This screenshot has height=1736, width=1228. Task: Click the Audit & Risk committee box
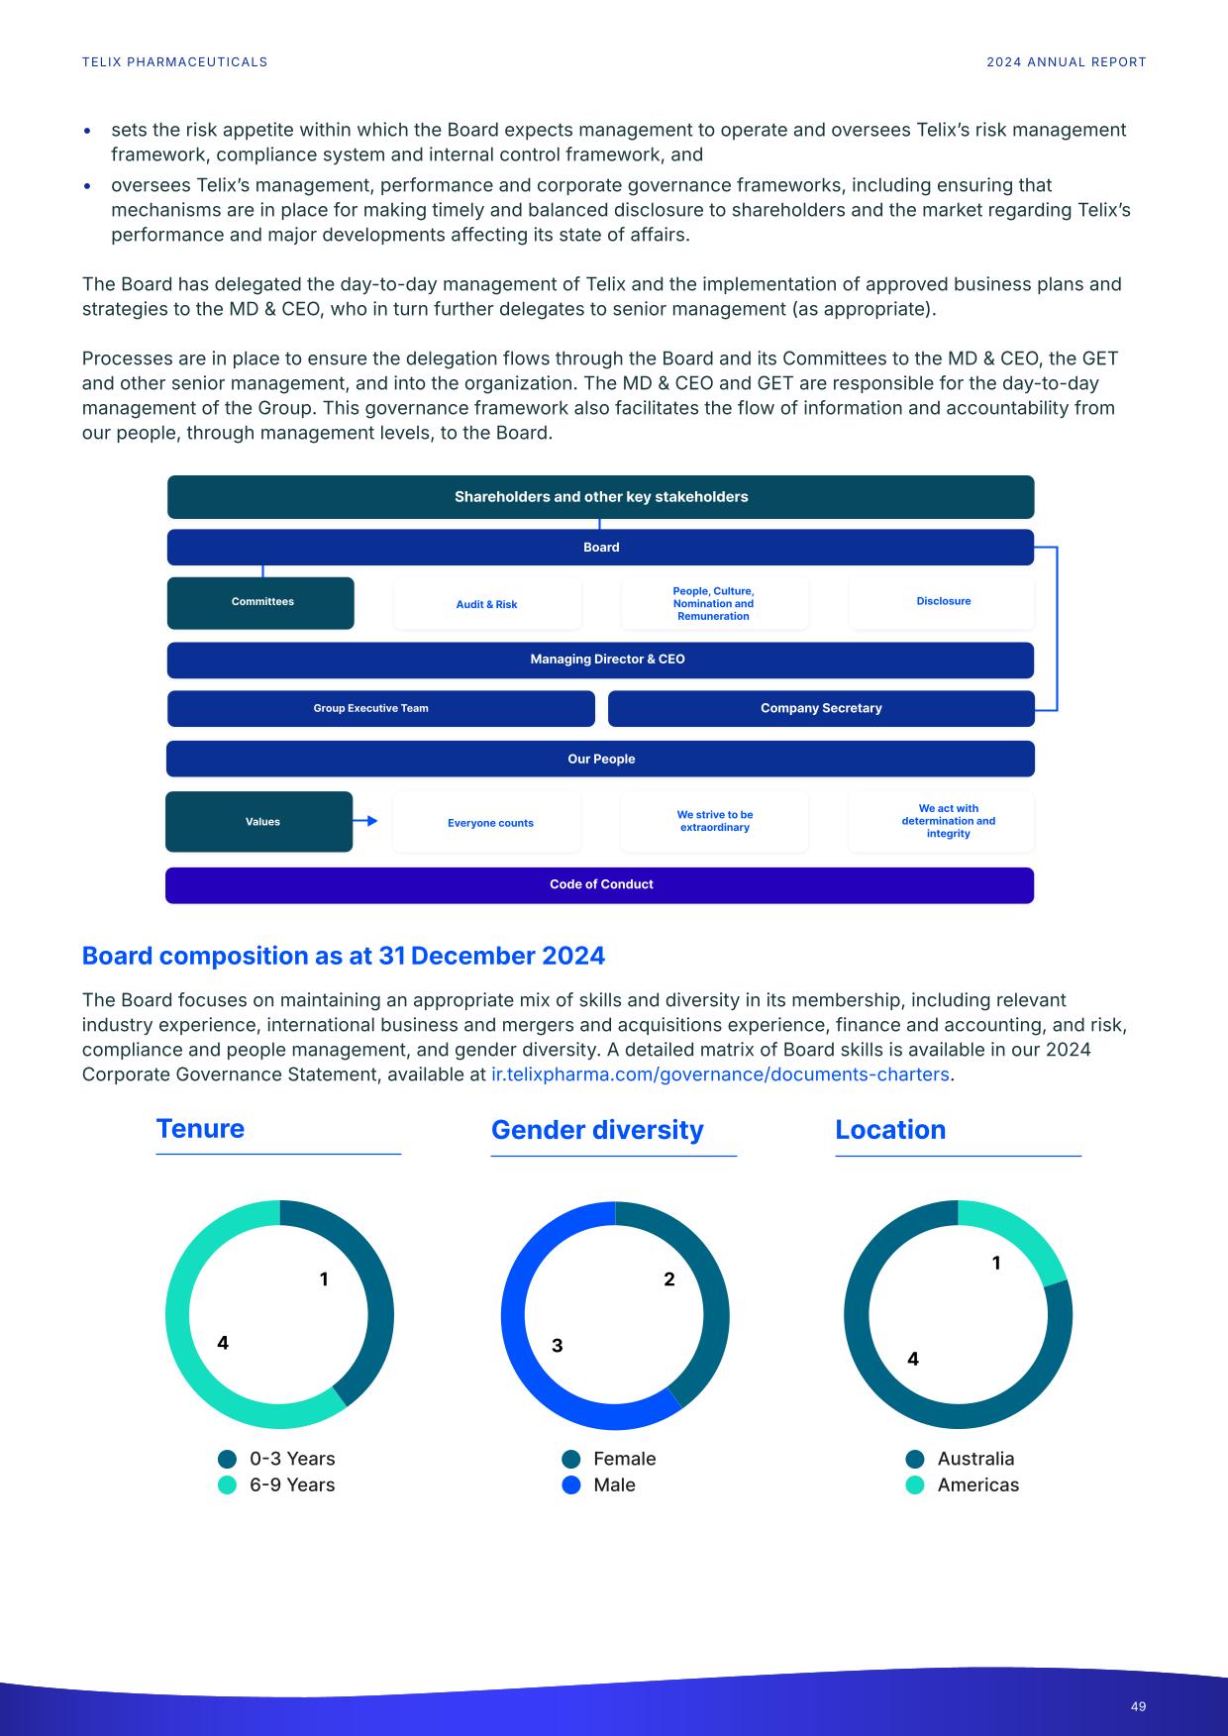point(487,604)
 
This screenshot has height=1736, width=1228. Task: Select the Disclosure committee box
point(943,602)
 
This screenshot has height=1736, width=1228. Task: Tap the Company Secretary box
point(821,709)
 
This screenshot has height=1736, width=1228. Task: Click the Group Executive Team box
point(380,709)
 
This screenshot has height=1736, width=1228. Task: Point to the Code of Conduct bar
point(600,885)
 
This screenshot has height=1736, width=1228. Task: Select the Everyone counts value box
point(489,823)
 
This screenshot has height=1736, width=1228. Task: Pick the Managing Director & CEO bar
point(600,660)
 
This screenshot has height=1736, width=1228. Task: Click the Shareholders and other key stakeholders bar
point(600,497)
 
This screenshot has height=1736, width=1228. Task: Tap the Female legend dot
point(571,1460)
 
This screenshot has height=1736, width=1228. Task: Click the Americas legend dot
point(915,1485)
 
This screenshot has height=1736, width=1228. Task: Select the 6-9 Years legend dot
point(228,1485)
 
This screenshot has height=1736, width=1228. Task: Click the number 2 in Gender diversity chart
point(669,1279)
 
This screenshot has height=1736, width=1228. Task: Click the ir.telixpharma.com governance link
point(720,1074)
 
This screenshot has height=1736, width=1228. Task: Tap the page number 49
point(1138,1706)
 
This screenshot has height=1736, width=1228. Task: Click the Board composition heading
point(343,956)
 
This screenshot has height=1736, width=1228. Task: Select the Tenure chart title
point(200,1129)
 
